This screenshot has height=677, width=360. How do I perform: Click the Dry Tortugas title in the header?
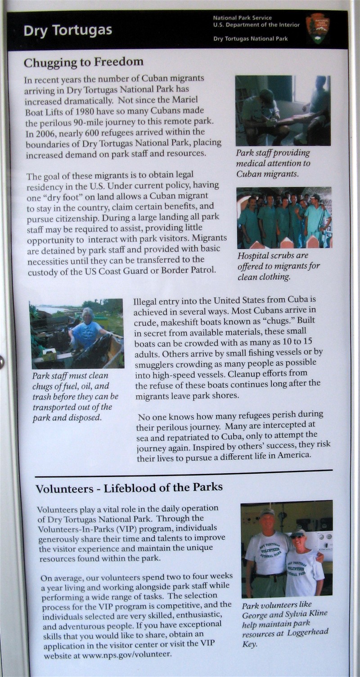[67, 31]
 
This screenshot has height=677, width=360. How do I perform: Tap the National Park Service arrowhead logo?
[318, 28]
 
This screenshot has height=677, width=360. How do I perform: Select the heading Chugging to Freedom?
[83, 62]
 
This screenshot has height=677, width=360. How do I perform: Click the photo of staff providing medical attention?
[283, 111]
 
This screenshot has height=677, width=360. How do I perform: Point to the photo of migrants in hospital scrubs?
[284, 218]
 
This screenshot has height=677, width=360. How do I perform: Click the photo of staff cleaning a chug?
[76, 334]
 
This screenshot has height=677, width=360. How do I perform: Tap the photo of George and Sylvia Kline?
[287, 548]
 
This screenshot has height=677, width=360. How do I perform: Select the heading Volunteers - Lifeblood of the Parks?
[129, 488]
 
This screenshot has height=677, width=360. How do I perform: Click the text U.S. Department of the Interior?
[256, 25]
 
